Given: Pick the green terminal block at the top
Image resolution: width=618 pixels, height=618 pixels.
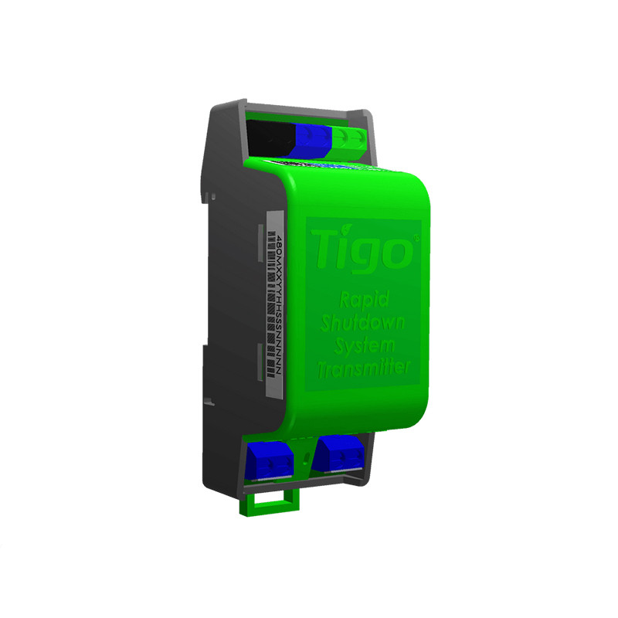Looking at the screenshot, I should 348,139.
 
